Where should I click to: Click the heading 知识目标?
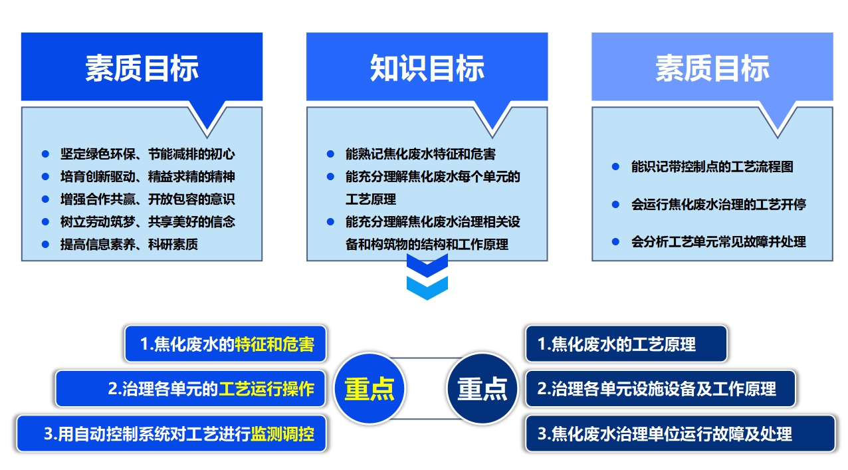tap(427, 68)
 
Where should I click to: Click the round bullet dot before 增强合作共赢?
tap(45, 199)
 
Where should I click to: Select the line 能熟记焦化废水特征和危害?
tap(420, 154)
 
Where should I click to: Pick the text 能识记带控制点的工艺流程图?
tap(712, 167)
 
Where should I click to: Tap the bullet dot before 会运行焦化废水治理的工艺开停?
tap(615, 204)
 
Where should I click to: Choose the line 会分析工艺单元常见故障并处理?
tap(718, 241)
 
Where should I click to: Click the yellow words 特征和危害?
tap(274, 344)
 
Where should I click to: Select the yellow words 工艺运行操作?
tap(266, 389)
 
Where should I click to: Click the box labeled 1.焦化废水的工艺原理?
tap(625, 344)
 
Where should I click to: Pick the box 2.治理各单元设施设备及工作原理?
tap(660, 389)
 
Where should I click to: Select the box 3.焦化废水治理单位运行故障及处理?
tap(680, 434)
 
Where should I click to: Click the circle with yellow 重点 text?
tap(369, 389)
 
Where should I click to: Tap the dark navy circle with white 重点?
tap(482, 389)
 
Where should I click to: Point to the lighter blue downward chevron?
tap(427, 287)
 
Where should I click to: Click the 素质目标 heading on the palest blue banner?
tap(712, 68)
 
